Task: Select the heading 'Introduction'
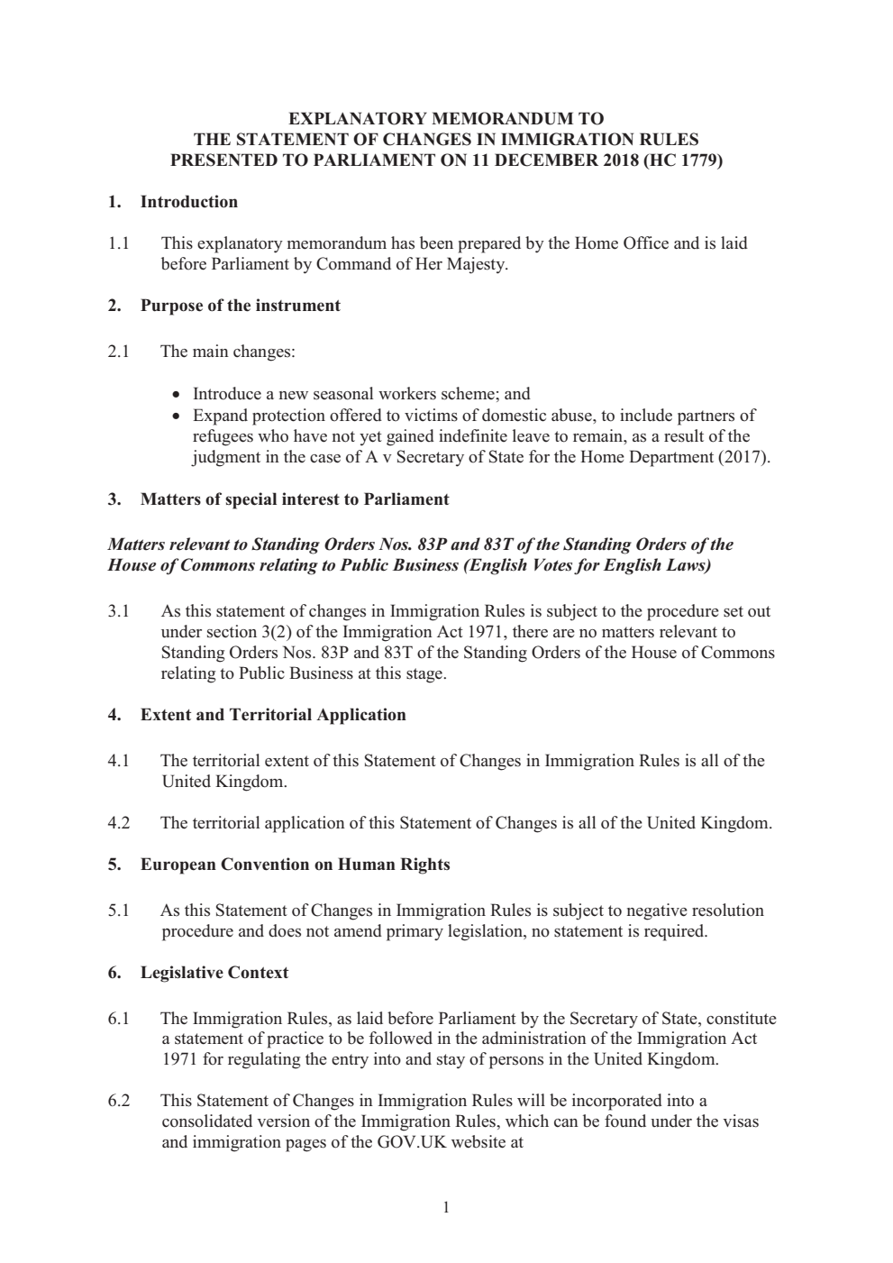pyautogui.click(x=188, y=202)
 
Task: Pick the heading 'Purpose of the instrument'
pyautogui.click(x=240, y=306)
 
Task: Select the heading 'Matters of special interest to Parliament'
pyautogui.click(x=294, y=499)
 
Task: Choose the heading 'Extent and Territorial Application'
pyautogui.click(x=272, y=715)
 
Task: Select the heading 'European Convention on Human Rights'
pyautogui.click(x=295, y=865)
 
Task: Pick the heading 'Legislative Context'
pyautogui.click(x=214, y=973)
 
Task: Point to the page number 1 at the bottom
pyautogui.click(x=446, y=1208)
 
